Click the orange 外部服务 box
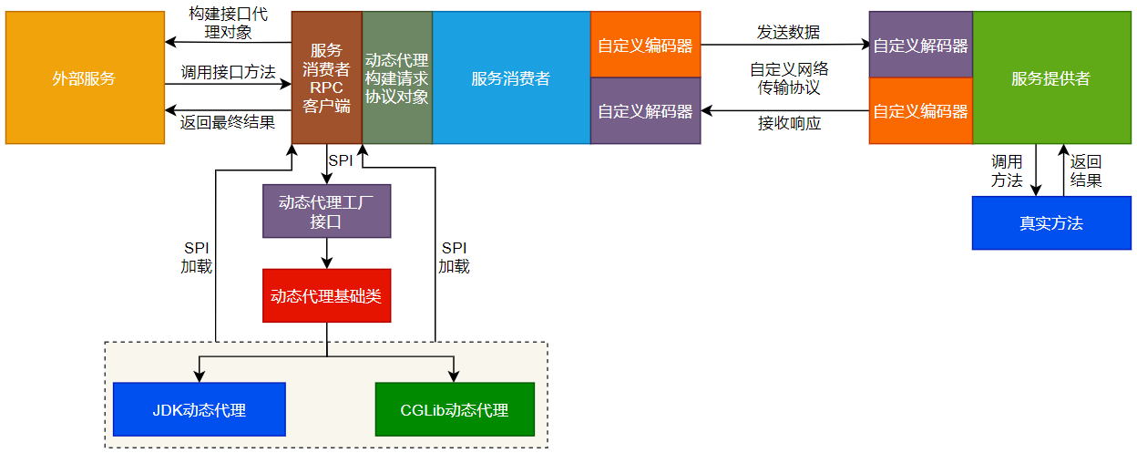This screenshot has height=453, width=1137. (84, 77)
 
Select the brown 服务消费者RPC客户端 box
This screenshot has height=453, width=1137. (326, 77)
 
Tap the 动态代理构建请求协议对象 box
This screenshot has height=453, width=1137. (396, 77)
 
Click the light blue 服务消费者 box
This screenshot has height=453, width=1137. (510, 77)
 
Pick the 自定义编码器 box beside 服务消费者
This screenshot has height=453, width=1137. (645, 45)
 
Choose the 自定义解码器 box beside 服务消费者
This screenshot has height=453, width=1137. (645, 111)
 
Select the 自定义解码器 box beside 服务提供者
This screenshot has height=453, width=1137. (920, 45)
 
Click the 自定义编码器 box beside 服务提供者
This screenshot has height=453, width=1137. (920, 111)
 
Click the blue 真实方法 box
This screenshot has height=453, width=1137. (1050, 223)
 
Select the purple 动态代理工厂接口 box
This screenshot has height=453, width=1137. (326, 211)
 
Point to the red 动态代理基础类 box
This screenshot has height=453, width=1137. (326, 295)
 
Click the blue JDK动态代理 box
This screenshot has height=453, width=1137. (199, 409)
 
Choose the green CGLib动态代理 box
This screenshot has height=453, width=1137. (454, 409)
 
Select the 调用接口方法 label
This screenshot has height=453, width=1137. (228, 72)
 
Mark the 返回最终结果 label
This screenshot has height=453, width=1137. (228, 122)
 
